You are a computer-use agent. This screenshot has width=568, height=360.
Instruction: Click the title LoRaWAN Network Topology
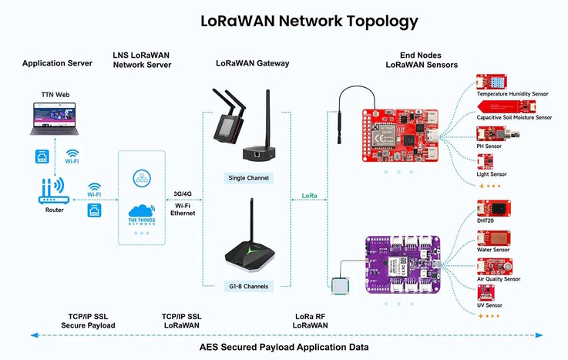tap(309, 21)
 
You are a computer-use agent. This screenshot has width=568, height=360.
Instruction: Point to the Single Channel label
tap(247, 178)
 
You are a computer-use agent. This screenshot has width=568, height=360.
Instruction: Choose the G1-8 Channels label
tap(247, 284)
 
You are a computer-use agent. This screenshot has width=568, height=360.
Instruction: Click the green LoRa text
tap(309, 199)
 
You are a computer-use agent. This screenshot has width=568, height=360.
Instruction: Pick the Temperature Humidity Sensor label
tap(513, 94)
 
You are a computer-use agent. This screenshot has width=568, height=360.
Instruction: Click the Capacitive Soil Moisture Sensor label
tap(514, 117)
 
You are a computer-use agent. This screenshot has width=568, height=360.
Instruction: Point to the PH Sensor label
tap(489, 146)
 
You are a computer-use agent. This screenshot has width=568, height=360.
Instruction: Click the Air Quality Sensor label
tap(499, 279)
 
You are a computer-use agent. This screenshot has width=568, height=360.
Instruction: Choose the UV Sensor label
tap(489, 305)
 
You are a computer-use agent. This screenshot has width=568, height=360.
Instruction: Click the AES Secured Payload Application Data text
tap(284, 348)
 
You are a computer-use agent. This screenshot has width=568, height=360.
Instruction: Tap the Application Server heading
tap(58, 63)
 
